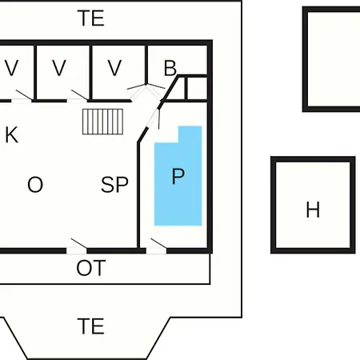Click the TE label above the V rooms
pos(90,18)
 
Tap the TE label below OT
pos(90,326)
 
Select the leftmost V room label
pos(11,68)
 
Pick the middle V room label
pos(59,68)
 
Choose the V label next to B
pos(114,68)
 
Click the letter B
pos(170,68)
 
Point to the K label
pos(12,135)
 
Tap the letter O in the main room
pos(35,184)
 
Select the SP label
pos(114,184)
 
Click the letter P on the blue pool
pos(178,176)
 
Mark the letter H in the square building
pos(313,210)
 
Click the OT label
pos(91,268)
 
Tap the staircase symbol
pos(102,122)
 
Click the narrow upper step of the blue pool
pos(190,134)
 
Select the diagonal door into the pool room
pos(154,118)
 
